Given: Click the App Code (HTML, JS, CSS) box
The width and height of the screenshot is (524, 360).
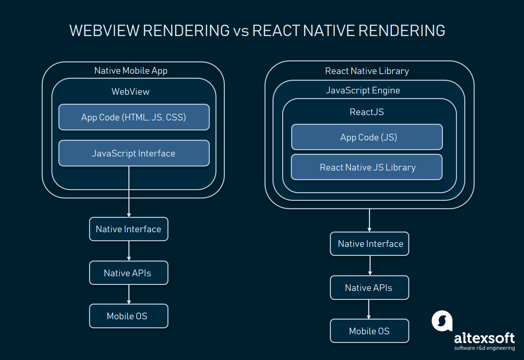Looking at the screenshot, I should click(134, 117).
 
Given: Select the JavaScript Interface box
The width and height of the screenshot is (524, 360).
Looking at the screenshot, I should click(134, 153).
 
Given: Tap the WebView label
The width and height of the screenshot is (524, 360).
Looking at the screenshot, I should click(130, 92).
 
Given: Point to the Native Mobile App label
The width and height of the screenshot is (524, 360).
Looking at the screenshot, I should click(131, 71).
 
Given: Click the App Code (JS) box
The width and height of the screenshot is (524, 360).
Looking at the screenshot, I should click(367, 137).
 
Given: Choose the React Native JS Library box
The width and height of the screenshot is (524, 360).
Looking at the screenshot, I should click(367, 167).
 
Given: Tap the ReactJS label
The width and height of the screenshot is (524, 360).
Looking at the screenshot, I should click(367, 112).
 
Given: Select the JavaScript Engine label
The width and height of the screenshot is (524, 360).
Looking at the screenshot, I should click(363, 90).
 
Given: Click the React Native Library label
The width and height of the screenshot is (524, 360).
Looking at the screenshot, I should click(367, 71).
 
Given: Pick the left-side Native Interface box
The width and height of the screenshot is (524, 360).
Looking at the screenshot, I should click(128, 229).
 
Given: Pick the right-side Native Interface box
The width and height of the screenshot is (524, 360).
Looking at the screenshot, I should click(370, 244).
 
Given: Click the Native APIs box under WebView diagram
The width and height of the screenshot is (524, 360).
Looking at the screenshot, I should click(128, 273).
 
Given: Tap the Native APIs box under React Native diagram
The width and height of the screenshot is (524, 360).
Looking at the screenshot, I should click(369, 288).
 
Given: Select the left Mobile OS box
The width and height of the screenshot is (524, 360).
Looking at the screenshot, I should click(128, 316).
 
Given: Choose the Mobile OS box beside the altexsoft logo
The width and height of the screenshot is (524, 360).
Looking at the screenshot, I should click(369, 331).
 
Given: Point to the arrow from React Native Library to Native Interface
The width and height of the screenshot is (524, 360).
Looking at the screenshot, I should click(369, 220).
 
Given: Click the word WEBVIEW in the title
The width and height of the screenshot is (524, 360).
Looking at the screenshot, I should click(104, 31).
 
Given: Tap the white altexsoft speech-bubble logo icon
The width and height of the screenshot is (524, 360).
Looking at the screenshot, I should click(442, 321).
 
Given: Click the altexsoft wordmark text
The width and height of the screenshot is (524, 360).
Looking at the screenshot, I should click(484, 338).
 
